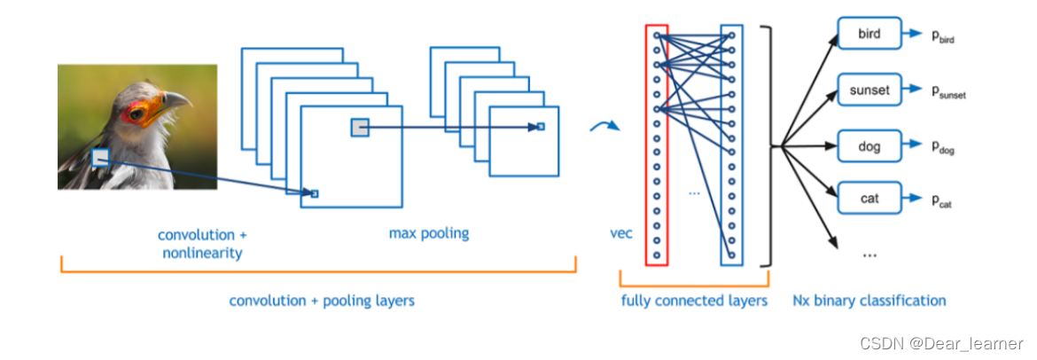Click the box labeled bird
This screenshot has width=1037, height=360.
click(x=869, y=35)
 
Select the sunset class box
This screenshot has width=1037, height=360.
click(x=869, y=90)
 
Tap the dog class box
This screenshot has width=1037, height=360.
click(x=869, y=145)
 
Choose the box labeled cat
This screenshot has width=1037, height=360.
click(x=869, y=199)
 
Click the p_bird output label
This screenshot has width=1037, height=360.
click(x=942, y=36)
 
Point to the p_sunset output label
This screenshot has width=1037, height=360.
click(x=947, y=91)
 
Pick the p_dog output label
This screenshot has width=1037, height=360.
click(x=942, y=147)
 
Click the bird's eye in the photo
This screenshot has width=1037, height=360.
click(x=136, y=113)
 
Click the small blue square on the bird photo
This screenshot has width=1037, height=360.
click(x=101, y=158)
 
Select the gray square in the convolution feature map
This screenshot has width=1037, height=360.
click(x=360, y=128)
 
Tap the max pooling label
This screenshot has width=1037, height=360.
click(x=429, y=234)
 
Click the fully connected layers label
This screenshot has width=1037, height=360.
click(x=694, y=301)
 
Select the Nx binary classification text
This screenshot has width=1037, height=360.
click(x=869, y=301)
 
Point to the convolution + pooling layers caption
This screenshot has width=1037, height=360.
click(x=321, y=301)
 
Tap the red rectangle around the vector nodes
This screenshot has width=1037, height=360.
click(x=656, y=145)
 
